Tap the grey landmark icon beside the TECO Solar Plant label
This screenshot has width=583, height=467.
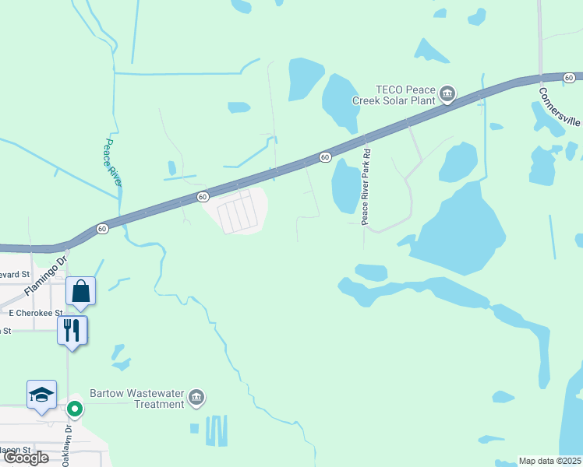point(447,95)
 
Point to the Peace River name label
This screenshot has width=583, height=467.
point(113,163)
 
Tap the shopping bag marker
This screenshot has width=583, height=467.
point(81,292)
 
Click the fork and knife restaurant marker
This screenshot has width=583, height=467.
point(72,330)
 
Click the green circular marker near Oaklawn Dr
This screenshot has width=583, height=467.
point(75,408)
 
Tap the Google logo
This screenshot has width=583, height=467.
point(26,458)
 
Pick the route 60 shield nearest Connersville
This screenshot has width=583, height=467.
point(569,77)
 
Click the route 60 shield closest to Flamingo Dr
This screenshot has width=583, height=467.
point(102,229)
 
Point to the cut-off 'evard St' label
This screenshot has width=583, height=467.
point(15,275)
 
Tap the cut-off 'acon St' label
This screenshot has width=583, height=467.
point(15,450)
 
